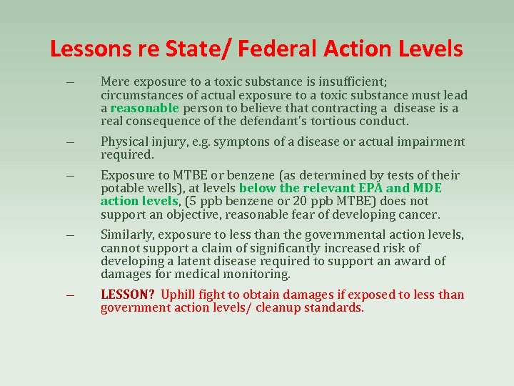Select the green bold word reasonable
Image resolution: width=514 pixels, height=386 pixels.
click(x=145, y=108)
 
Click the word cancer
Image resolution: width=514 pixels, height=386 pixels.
click(x=420, y=214)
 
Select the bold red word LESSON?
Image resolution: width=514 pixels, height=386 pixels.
click(x=128, y=295)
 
